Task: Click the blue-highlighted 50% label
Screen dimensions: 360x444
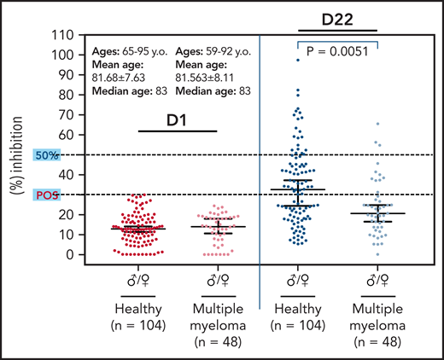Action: tap(46, 155)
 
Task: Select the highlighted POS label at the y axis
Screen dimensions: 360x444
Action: tap(46, 195)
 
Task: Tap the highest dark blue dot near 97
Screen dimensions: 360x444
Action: tap(298, 60)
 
